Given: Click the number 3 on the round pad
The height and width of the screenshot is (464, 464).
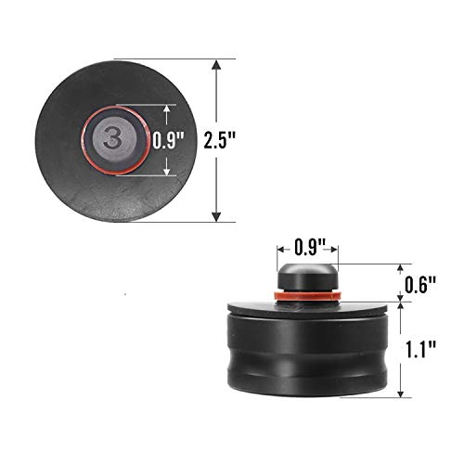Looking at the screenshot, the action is point(112,136).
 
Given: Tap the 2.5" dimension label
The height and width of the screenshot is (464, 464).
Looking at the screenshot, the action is point(219,140).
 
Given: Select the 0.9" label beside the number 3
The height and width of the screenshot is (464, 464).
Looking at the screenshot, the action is point(168,140).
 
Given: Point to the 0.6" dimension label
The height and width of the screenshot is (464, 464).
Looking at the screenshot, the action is point(420,285).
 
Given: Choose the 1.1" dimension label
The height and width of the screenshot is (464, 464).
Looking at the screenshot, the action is point(421,350).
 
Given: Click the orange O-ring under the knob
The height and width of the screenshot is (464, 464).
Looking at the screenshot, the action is point(308,295).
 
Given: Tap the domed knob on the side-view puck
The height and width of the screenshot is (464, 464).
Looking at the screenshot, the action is point(308,277).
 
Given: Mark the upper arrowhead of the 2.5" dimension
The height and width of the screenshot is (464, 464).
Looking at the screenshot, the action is point(216,65).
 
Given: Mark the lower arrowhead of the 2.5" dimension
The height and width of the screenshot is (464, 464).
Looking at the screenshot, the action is point(216,216).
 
